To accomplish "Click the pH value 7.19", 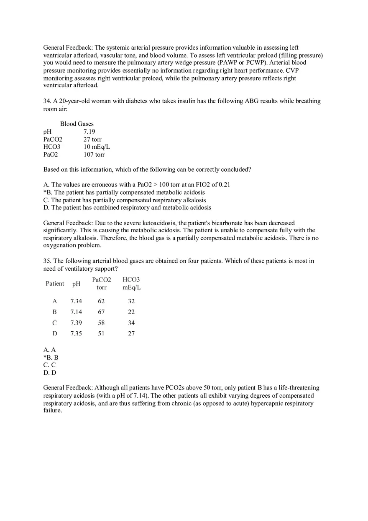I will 89,132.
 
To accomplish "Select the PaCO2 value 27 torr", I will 92,140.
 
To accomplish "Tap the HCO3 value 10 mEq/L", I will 97,147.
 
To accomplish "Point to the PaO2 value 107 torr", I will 94,155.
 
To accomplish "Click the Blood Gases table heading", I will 77,124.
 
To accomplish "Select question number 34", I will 47,101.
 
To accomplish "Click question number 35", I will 47,261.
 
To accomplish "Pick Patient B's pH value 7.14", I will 76,312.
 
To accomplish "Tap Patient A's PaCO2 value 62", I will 101,301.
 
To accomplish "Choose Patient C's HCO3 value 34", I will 131,323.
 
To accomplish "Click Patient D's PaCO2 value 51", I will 101,333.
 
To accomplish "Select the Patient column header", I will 55,284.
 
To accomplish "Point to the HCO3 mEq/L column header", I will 131,284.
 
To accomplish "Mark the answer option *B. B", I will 51,358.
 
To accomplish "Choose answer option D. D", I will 50,373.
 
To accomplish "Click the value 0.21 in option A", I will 225,185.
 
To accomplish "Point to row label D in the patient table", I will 55,333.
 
